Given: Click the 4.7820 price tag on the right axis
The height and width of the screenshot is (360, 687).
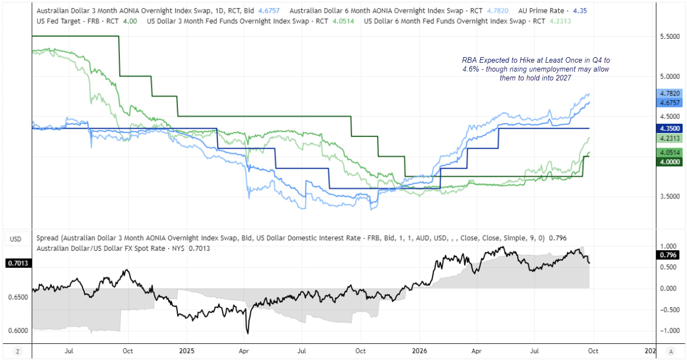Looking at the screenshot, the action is (x=669, y=93).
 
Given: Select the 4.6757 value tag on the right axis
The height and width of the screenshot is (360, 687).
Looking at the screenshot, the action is (x=669, y=103).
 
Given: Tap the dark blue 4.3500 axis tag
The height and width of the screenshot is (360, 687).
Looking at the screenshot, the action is (x=669, y=128).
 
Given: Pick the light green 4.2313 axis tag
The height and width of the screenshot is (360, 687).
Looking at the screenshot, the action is (x=669, y=139).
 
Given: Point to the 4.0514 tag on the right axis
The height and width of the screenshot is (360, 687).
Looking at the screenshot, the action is (x=669, y=153).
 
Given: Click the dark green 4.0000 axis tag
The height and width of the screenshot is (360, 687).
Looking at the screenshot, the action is (x=669, y=162).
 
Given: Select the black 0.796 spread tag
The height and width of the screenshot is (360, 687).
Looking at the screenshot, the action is (x=668, y=255).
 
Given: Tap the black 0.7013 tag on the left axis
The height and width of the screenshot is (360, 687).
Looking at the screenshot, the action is (x=18, y=263).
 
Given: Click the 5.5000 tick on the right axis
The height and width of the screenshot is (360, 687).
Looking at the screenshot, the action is (x=670, y=37).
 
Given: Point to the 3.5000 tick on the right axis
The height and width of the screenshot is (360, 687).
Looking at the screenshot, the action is (x=670, y=196).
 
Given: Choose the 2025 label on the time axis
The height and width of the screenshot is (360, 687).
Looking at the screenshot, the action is (x=186, y=351).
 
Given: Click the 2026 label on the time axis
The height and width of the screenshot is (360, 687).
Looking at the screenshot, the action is (x=419, y=351).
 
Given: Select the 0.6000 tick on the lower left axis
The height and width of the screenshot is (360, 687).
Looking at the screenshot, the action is (x=18, y=331).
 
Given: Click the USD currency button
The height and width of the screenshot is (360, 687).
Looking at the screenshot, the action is (x=16, y=239).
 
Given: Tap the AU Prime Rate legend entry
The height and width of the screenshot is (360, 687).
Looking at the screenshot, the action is (x=552, y=11).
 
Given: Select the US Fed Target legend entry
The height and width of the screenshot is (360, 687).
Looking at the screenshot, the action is (x=87, y=21).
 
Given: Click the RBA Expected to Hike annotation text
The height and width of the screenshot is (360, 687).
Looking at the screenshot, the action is (x=536, y=69).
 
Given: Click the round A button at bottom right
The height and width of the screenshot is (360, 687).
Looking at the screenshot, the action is (x=671, y=352).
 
